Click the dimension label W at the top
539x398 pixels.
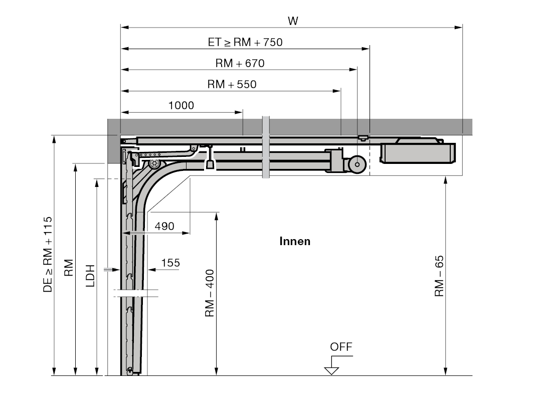tap(293, 22)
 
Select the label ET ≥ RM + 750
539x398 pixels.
tap(245, 42)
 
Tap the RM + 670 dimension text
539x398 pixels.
tap(240, 63)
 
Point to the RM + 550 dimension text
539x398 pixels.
tap(232, 84)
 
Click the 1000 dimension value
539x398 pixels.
tap(181, 105)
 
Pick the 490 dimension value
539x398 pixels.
tap(164, 226)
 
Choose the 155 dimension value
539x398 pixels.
tap(170, 263)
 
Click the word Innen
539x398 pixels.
tap(295, 241)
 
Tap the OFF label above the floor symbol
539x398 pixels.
tap(341, 347)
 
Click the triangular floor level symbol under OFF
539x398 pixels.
tap(331, 370)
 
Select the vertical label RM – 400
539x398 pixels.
tap(210, 293)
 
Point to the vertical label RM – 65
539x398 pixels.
tap(439, 276)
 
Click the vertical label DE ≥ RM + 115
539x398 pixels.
tap(48, 254)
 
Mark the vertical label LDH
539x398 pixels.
tap(90, 276)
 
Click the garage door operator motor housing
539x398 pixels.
tap(418, 153)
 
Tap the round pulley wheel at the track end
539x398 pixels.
tap(357, 164)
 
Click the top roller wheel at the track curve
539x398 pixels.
tap(154, 163)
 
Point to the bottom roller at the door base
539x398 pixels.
tap(129, 371)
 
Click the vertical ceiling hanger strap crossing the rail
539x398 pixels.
tap(266, 147)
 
